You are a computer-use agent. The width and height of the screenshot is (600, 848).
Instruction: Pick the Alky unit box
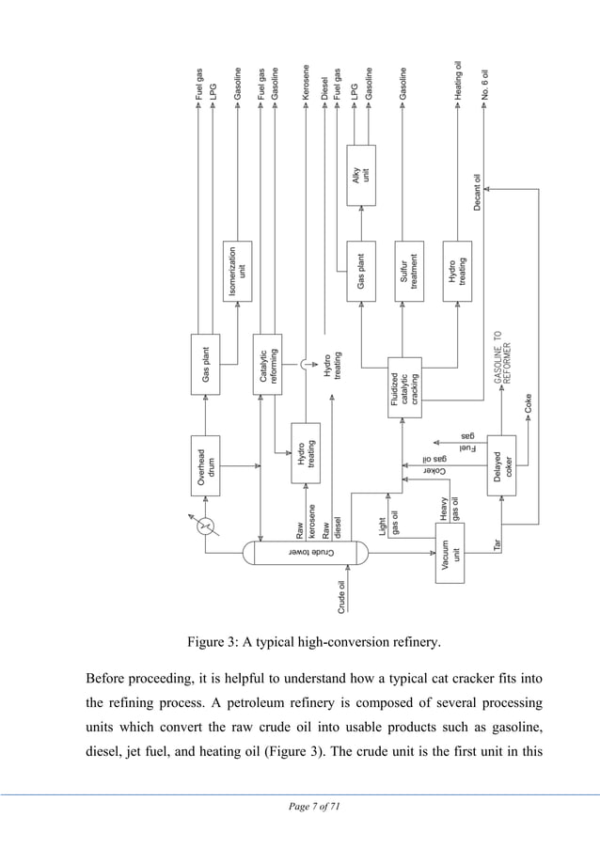[361, 175]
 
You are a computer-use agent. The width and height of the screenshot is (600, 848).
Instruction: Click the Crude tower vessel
[306, 553]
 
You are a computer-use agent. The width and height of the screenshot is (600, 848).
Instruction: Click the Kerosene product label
[307, 83]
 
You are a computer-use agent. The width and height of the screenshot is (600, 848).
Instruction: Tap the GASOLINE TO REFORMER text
[503, 357]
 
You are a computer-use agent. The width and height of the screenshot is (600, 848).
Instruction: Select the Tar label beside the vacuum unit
[499, 543]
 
